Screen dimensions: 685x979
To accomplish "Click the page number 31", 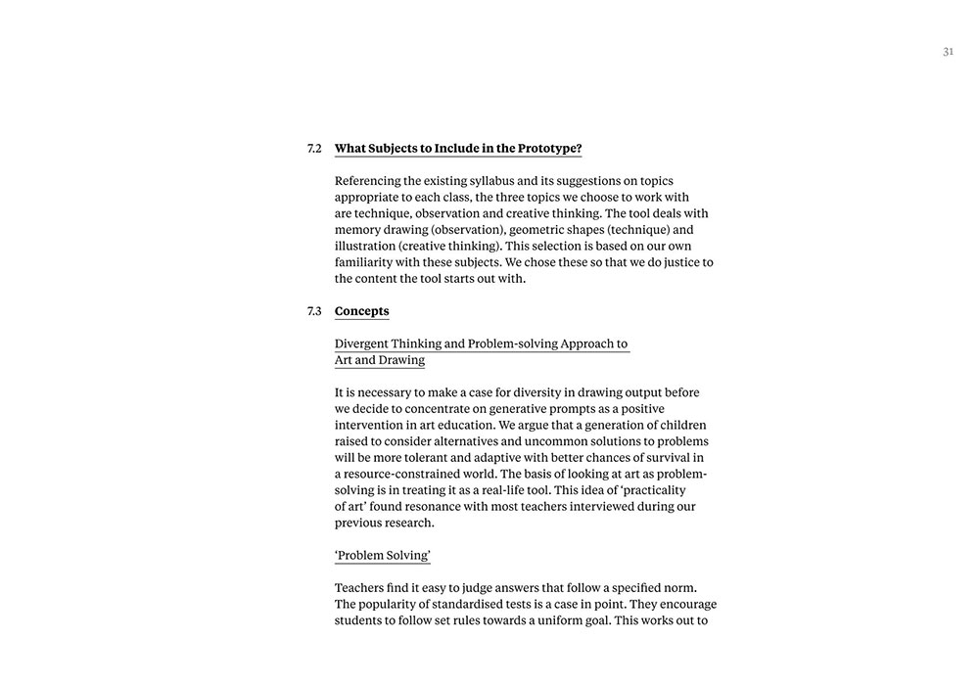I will (948, 52).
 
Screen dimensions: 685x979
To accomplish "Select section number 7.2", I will (314, 149).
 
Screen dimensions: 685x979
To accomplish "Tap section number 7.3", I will (314, 311).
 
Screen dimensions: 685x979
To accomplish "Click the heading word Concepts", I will (361, 311).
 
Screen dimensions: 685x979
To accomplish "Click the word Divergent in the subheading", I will (361, 343).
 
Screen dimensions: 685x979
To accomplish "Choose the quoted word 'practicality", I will (653, 490).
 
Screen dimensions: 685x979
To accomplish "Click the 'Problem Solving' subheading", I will (382, 556).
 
